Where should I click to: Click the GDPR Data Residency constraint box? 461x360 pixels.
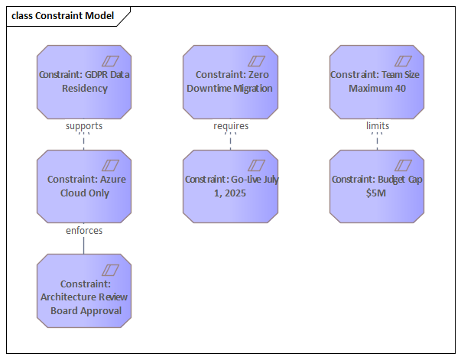coord(84,82)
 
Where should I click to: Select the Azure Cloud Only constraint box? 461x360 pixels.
coord(84,186)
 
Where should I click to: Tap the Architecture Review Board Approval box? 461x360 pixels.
coord(84,292)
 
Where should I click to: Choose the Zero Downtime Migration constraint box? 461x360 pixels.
coord(230,82)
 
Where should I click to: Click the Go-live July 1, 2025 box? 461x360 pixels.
coord(230,186)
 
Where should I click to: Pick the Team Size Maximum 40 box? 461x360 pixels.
coord(377,82)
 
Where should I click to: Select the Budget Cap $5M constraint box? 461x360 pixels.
coord(377,186)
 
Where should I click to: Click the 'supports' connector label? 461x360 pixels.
coord(84,125)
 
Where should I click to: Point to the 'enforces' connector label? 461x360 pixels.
coord(84,230)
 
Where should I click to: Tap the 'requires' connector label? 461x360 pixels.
coord(231,125)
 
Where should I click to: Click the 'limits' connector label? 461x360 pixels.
coord(377,125)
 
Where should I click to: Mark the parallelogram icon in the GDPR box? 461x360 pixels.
coord(111,60)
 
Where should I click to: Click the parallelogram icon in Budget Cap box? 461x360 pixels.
coord(404,164)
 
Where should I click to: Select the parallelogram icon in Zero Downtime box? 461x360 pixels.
coord(257,60)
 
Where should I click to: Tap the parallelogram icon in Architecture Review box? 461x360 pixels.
coord(111,270)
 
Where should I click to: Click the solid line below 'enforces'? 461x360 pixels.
coord(84,245)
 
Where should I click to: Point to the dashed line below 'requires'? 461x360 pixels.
coord(230,141)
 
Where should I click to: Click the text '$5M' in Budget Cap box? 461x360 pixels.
coord(377,193)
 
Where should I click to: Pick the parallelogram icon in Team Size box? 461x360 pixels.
coord(404,60)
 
